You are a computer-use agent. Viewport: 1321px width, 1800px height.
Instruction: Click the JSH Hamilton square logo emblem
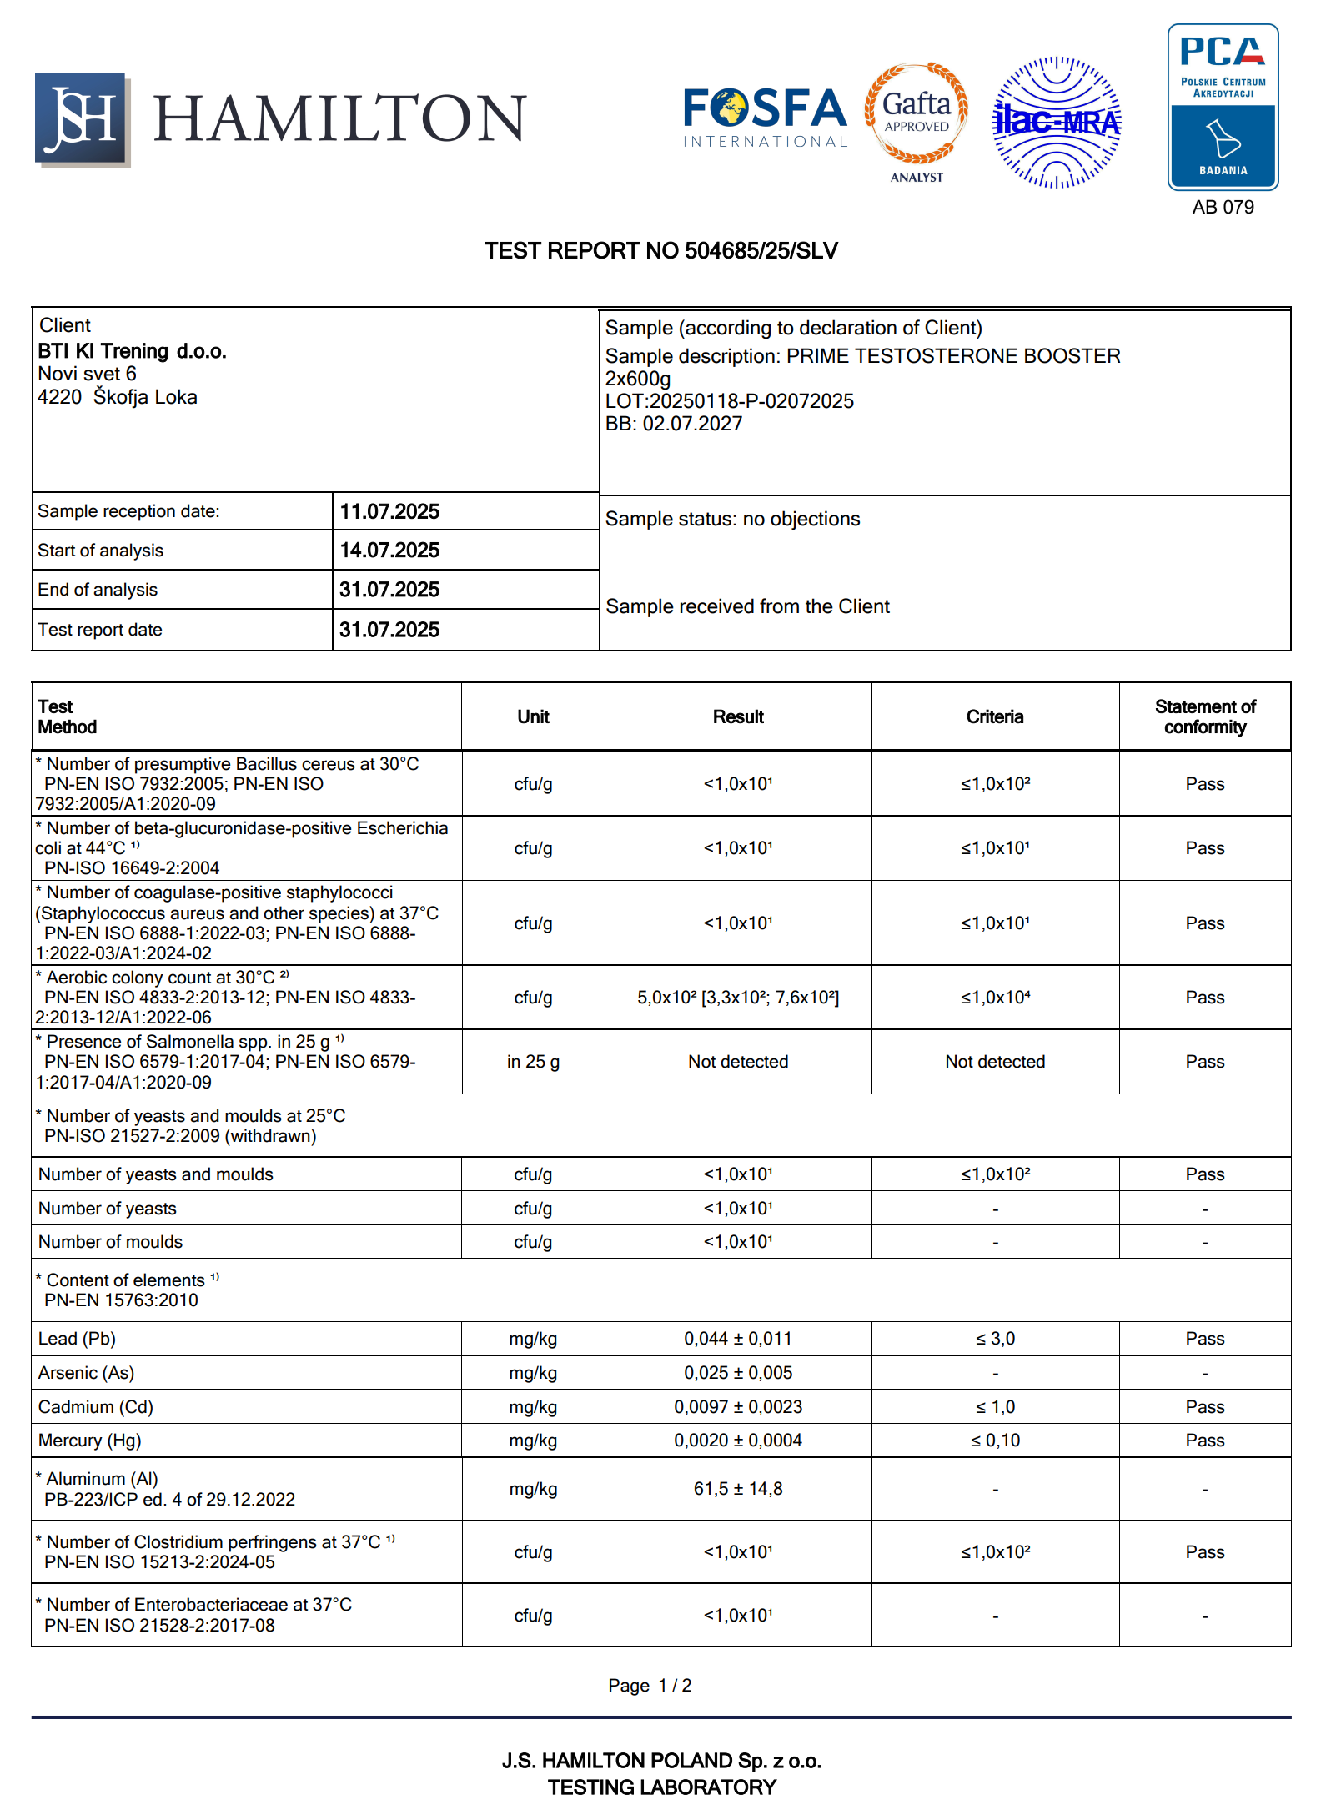tap(82, 119)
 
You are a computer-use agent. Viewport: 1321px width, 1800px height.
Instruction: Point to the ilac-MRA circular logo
tap(1057, 123)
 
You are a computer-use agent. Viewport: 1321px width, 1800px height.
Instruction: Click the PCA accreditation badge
tap(1223, 107)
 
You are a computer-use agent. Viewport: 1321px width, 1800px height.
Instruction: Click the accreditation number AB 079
tap(1223, 208)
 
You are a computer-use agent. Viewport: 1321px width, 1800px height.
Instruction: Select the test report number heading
tap(660, 251)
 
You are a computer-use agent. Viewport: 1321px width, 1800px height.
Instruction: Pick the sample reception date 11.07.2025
tap(389, 511)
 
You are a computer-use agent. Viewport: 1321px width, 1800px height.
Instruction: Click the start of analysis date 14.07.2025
tap(389, 551)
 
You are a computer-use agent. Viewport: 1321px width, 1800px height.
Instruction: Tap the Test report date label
tap(100, 630)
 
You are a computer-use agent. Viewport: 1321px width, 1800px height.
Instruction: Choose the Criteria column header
tap(994, 717)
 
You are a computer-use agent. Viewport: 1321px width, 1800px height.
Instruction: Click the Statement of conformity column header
tap(1204, 717)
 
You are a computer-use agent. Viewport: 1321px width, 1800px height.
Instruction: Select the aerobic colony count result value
tap(738, 998)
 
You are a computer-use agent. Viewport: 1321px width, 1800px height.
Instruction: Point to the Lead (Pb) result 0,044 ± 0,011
tap(738, 1339)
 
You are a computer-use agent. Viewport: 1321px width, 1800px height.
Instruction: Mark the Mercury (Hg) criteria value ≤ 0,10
tap(995, 1441)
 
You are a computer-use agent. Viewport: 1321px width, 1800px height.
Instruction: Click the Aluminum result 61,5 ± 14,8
tap(738, 1489)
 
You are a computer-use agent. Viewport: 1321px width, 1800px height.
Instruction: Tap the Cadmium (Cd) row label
tap(96, 1407)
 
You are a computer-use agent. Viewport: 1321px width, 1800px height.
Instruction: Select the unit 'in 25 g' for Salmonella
tap(533, 1062)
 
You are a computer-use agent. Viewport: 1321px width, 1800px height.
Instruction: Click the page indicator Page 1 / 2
tap(650, 1686)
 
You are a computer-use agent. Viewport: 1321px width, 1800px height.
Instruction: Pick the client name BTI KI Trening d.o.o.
tap(132, 351)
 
